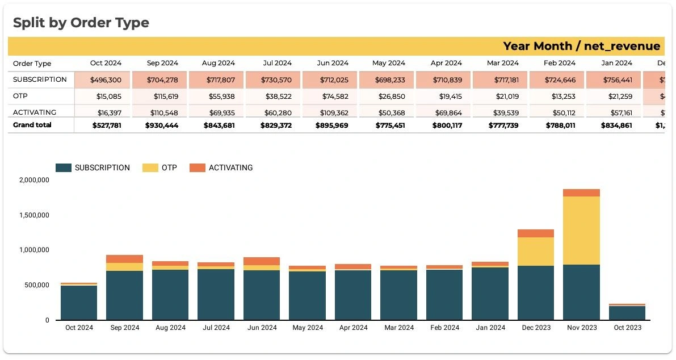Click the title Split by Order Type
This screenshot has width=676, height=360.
81,23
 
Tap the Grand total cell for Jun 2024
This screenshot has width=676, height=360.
332,125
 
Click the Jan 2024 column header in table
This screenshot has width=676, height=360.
616,63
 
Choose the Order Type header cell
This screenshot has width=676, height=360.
32,64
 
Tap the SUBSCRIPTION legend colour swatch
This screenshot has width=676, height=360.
64,168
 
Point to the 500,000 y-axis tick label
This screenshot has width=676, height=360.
36,285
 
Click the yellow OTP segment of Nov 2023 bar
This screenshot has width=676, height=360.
581,230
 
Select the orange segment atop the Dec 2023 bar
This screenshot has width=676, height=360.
535,233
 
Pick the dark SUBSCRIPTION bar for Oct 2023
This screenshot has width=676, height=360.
627,313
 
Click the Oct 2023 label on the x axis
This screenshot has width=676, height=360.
627,328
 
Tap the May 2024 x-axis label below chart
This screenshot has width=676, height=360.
307,328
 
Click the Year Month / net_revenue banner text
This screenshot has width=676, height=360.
581,47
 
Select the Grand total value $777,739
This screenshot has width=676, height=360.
503,125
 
